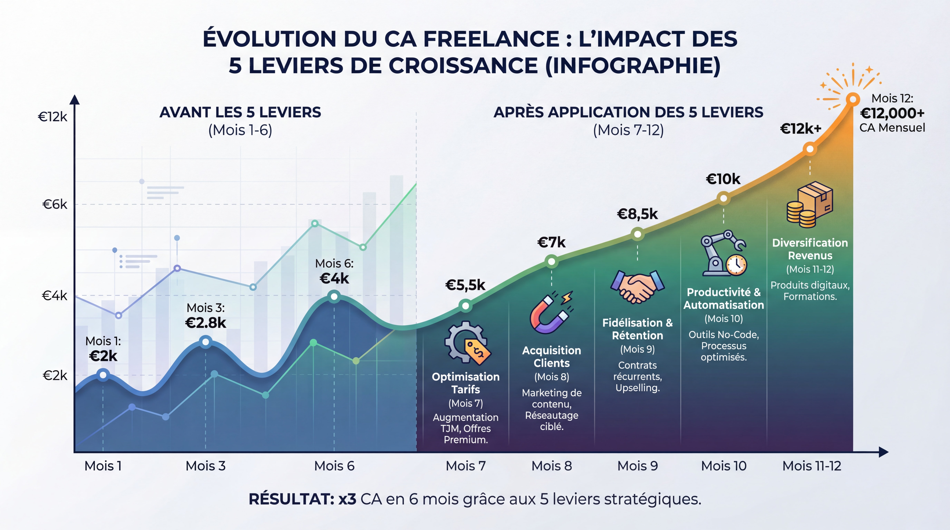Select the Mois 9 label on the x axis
[638, 466]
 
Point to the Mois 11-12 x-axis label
[812, 466]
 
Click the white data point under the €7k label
[551, 262]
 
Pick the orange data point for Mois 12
[853, 99]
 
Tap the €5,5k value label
[465, 285]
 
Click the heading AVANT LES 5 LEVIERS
[240, 112]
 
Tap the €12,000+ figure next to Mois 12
[892, 113]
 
